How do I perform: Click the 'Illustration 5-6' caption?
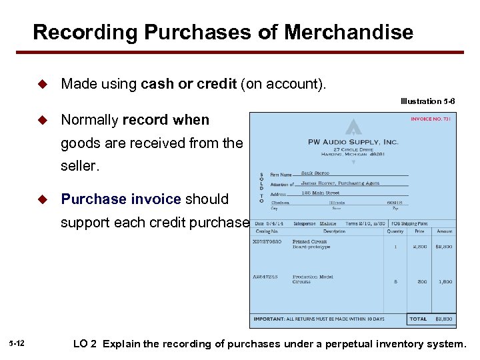(428, 102)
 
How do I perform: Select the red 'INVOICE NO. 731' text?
(431, 119)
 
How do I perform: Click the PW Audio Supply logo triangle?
(353, 127)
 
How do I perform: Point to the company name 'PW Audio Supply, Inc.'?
(353, 141)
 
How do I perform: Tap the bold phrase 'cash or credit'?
(189, 84)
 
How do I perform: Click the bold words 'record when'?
(166, 120)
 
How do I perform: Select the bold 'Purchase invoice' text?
(121, 199)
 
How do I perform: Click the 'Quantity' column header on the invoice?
(395, 232)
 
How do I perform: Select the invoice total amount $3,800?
(443, 319)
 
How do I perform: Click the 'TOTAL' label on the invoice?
(418, 319)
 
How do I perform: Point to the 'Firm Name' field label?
(281, 175)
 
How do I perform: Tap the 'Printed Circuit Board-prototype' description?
(309, 244)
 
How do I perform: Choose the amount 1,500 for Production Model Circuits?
(445, 282)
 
